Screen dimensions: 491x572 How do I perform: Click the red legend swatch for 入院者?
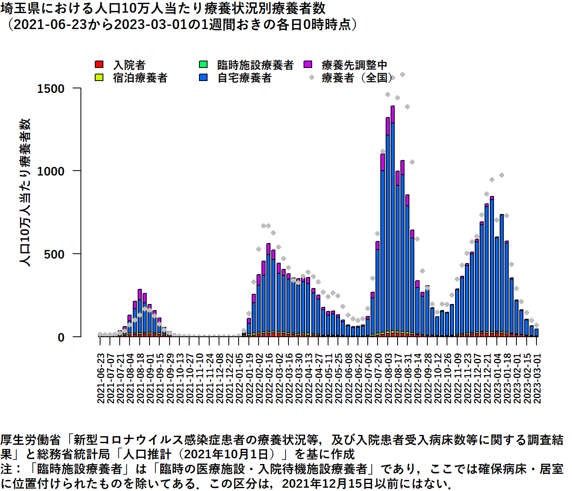(99, 65)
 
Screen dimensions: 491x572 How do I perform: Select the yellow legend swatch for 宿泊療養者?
(99, 77)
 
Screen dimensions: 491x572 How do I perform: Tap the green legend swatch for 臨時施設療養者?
(203, 65)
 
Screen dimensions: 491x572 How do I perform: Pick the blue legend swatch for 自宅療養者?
(203, 77)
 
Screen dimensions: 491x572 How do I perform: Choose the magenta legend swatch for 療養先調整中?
(308, 65)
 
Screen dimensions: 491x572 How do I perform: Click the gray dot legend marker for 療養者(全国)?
(312, 77)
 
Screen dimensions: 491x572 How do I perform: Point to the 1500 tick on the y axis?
(51, 88)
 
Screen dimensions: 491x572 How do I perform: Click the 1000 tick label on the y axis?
(51, 171)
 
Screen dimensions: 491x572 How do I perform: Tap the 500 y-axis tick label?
(54, 255)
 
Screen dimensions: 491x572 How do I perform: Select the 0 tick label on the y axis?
(61, 338)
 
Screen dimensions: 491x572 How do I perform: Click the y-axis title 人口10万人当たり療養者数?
(25, 192)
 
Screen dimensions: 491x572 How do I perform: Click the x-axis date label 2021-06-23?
(101, 378)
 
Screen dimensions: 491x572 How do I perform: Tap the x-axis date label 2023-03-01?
(537, 378)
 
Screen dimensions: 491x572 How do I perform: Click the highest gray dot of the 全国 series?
(402, 74)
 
